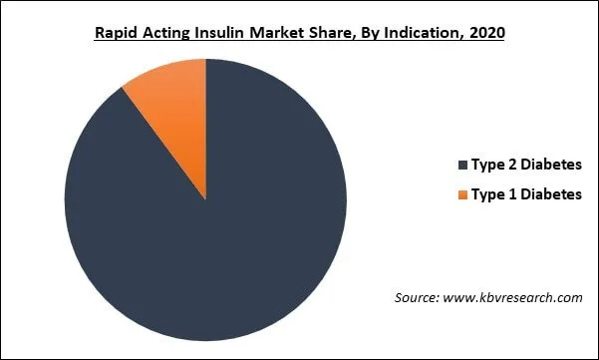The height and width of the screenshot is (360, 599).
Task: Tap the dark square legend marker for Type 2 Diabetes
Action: (461, 165)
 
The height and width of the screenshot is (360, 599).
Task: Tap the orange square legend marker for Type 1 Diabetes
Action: (461, 194)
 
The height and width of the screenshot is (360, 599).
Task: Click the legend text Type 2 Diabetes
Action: (525, 165)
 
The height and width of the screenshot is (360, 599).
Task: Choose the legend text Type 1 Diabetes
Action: (525, 194)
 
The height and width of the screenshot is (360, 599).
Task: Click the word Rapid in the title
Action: (117, 33)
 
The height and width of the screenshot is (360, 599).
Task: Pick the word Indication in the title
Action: (432, 33)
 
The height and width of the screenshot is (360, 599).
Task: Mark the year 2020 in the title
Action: (487, 33)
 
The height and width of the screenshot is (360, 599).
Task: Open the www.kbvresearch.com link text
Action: (514, 297)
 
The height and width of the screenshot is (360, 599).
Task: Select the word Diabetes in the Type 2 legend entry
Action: (550, 165)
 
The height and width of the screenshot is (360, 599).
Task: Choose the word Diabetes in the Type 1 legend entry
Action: (550, 194)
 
